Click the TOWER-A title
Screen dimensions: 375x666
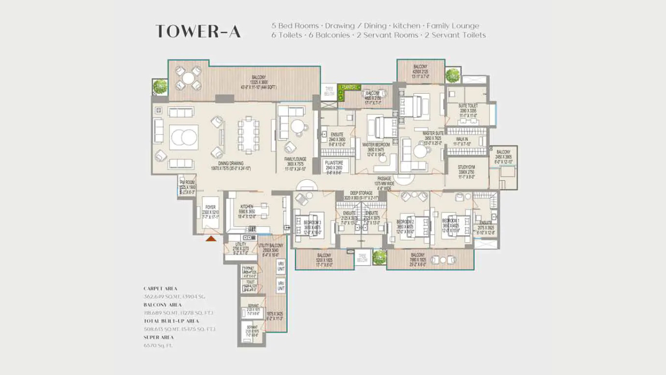click(x=198, y=31)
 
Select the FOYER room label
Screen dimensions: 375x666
click(x=210, y=207)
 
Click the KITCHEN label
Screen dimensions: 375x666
click(x=247, y=207)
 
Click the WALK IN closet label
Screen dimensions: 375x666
click(x=463, y=140)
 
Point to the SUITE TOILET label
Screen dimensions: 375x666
click(x=467, y=106)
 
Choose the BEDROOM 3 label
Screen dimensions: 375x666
click(x=312, y=222)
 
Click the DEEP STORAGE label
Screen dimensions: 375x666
click(x=361, y=193)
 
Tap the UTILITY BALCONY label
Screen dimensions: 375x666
click(x=271, y=245)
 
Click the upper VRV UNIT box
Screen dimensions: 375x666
click(x=281, y=267)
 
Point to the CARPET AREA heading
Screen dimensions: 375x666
click(x=160, y=289)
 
